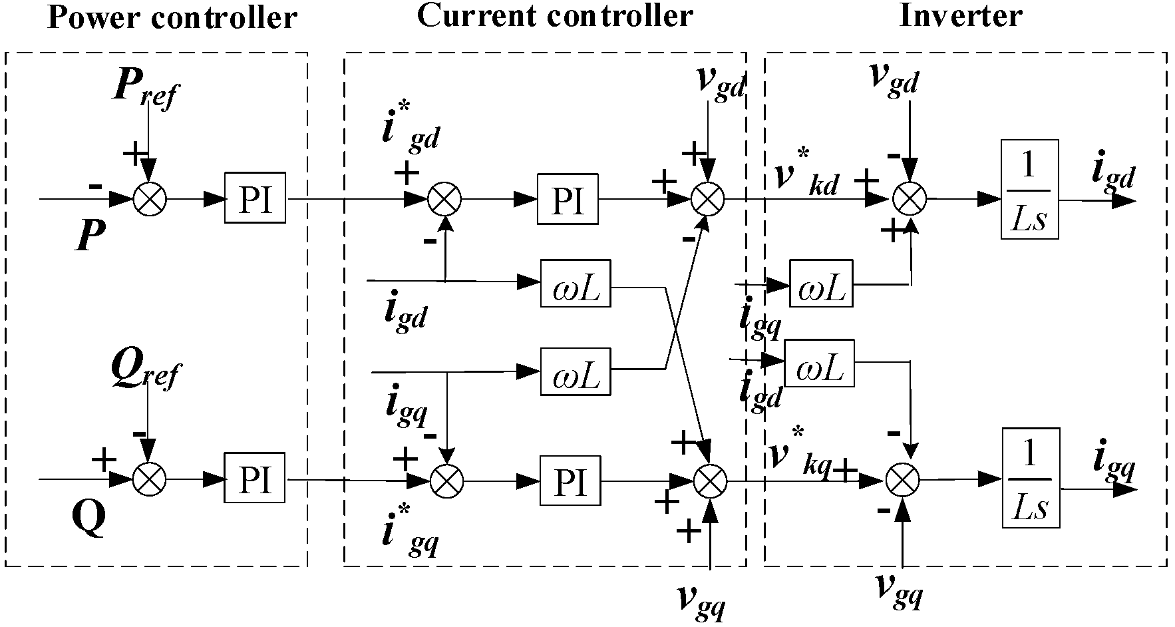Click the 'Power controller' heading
pyautogui.click(x=172, y=18)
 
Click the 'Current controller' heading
pyautogui.click(x=554, y=15)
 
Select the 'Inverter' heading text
pyautogui.click(x=960, y=15)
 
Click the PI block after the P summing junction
pyautogui.click(x=255, y=199)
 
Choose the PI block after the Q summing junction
pyautogui.click(x=254, y=479)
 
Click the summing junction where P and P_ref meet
pyautogui.click(x=150, y=198)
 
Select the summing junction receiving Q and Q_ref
pyautogui.click(x=150, y=479)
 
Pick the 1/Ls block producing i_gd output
pyautogui.click(x=1029, y=189)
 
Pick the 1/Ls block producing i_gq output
pyautogui.click(x=1029, y=478)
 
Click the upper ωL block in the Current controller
pyautogui.click(x=576, y=284)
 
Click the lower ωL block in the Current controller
pyautogui.click(x=576, y=371)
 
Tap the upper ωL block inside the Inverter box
pyautogui.click(x=820, y=283)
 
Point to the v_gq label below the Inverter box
pyautogui.click(x=899, y=589)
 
